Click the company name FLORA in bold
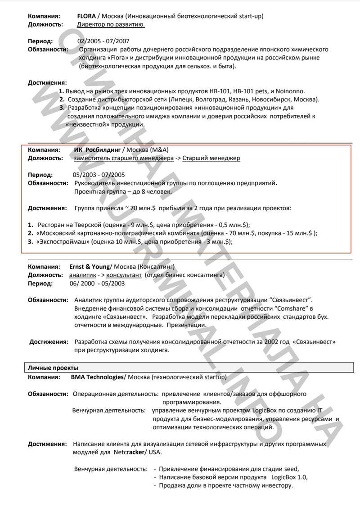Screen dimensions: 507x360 click(86, 16)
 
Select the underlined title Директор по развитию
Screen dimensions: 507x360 click(111, 24)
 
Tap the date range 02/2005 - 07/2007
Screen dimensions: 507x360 click(103, 41)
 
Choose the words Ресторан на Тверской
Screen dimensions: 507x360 click(70, 224)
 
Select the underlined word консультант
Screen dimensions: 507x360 click(124, 275)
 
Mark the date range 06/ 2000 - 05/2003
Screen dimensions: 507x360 click(97, 284)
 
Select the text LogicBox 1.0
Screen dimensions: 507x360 click(291, 477)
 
